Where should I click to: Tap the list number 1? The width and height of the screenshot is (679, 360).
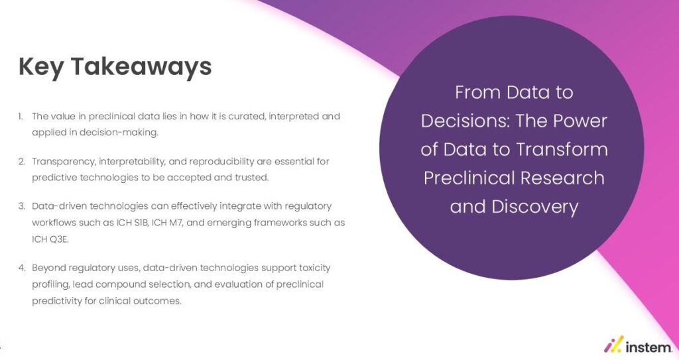click(21, 116)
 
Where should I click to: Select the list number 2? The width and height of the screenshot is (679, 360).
click(21, 161)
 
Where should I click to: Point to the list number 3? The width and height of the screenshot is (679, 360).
click(21, 206)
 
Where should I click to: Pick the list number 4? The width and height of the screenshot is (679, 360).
click(21, 268)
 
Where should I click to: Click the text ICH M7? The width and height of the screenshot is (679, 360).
click(180, 223)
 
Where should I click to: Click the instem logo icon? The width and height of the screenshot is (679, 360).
click(613, 344)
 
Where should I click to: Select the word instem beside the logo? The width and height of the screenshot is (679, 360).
click(648, 345)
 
